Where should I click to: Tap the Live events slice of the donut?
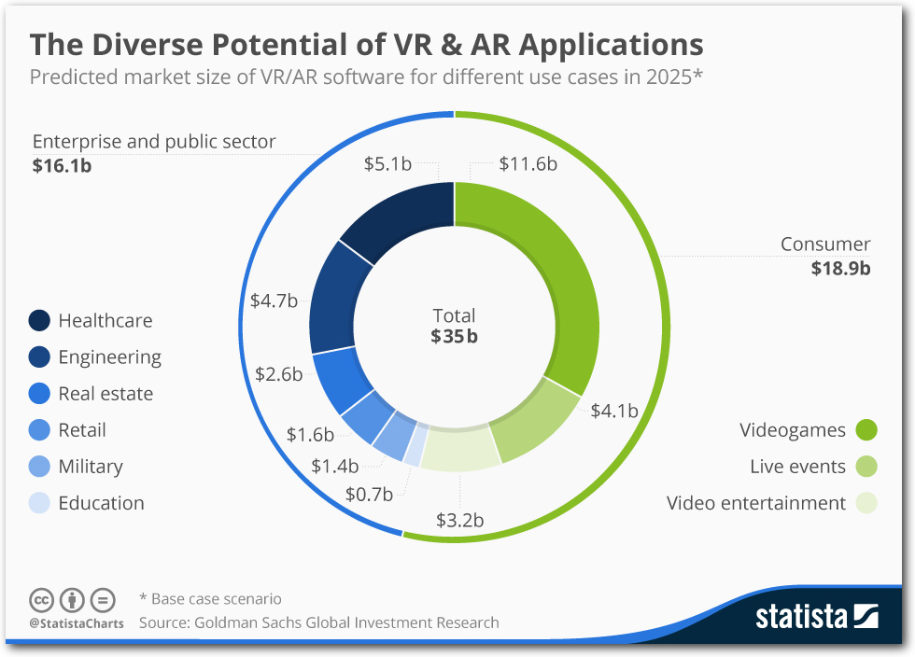pos(537,420)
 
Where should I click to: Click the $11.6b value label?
pos(528,164)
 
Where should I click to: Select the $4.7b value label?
pos(274,301)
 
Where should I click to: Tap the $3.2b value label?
pos(459,520)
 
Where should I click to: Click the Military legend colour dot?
pos(39,467)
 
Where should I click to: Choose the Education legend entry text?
pos(101,503)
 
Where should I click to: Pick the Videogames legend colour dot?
pos(866,430)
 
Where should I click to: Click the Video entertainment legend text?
pos(755,503)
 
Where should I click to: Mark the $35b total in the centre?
pos(454,337)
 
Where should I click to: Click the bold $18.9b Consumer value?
pos(840,269)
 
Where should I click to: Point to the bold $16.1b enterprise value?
pos(62,166)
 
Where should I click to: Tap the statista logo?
pos(817,617)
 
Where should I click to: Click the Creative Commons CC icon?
pos(41,599)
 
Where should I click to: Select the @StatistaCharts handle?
pos(76,622)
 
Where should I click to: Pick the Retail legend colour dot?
pos(39,430)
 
